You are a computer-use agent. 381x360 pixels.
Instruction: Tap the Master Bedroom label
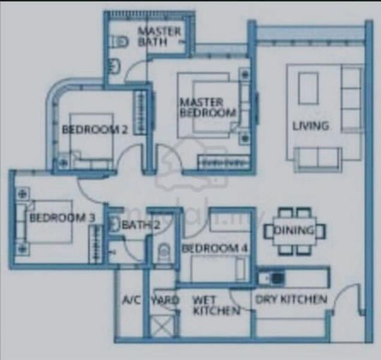pos(208,107)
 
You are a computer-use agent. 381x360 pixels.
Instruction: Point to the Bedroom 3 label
pos(61,217)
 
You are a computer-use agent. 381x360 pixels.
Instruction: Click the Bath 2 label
pos(140,226)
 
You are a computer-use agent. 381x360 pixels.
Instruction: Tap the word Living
pos(310,126)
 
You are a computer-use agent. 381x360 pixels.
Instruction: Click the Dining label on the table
pos(295,230)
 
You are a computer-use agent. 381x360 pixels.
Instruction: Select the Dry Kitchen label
pos(292,299)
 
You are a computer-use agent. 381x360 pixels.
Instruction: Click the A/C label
pos(130,299)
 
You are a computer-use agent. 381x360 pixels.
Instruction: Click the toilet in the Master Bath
pos(121,41)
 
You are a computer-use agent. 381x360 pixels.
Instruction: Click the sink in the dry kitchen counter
pos(277,277)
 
